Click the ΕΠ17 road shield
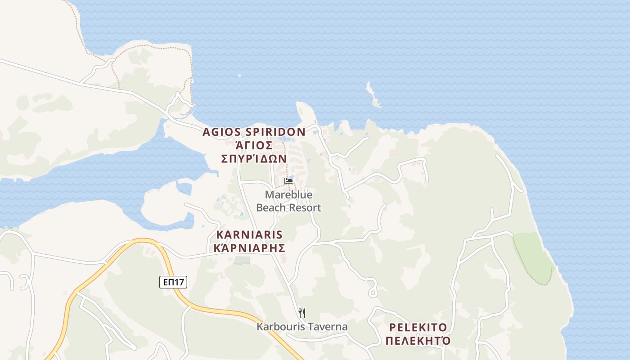(173, 282)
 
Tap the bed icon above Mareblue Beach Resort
(288, 181)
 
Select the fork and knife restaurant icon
(302, 313)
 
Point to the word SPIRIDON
(276, 132)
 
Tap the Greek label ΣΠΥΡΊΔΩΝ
(254, 158)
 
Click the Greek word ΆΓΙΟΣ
(254, 145)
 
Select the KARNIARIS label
(249, 234)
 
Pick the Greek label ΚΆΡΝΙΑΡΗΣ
(249, 248)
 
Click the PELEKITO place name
(418, 327)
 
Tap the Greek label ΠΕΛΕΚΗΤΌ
(418, 340)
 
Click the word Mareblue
(288, 195)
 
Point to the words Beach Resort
(288, 207)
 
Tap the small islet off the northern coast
(373, 95)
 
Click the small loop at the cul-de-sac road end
(373, 292)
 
